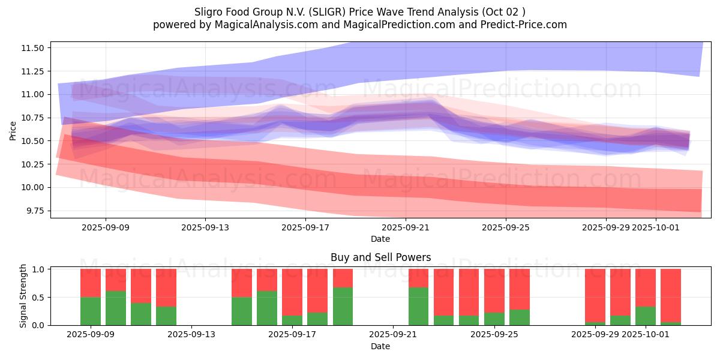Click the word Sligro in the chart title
[x=209, y=12]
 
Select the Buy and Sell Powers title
[x=380, y=257]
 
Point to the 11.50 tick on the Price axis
[x=34, y=48]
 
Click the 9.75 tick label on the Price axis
[x=35, y=211]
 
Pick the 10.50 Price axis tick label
[x=34, y=141]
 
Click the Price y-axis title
[x=13, y=130]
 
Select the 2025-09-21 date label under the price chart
[x=406, y=227]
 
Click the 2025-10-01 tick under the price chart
[x=655, y=227]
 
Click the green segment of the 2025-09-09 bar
[x=91, y=311]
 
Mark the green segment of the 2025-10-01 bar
[x=646, y=316]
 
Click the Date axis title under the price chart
[x=380, y=239]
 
